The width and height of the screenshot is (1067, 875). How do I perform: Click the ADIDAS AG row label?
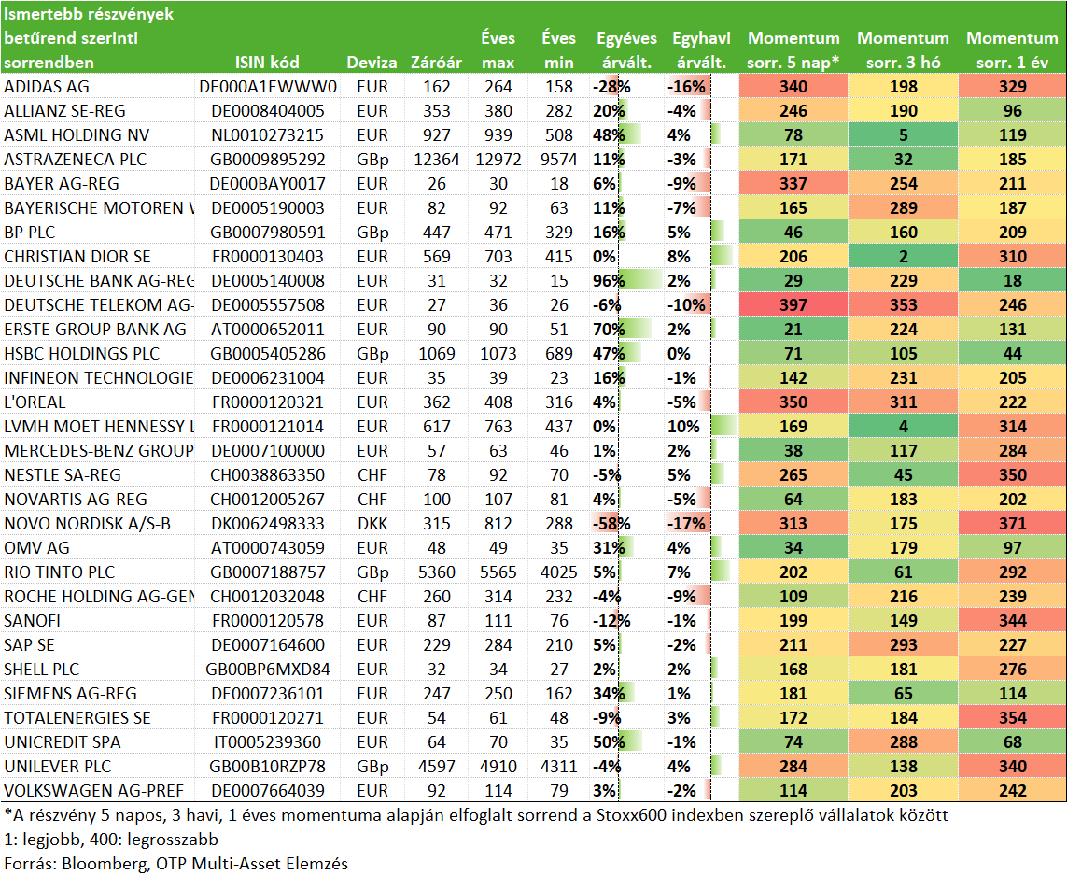[x=47, y=87]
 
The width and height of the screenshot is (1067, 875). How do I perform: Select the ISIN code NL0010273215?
[x=267, y=134]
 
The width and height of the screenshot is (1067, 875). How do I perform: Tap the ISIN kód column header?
[x=267, y=63]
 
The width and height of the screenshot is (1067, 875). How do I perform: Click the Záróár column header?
[x=436, y=63]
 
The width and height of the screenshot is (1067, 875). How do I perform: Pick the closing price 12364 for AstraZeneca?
[x=436, y=160]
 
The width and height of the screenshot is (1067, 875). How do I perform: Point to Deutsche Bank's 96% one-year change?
[x=609, y=280]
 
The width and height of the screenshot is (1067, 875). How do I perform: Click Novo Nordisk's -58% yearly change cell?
[x=611, y=524]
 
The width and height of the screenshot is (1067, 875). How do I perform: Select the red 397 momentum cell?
[x=793, y=305]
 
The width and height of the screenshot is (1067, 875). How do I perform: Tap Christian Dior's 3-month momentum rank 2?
[x=903, y=257]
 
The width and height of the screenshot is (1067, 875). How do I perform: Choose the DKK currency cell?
[x=372, y=524]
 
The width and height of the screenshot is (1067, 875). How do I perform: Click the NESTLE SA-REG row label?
[x=63, y=475]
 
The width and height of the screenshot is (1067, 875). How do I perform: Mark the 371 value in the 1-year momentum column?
[x=1013, y=524]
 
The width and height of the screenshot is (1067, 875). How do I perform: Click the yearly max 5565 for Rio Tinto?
[x=498, y=572]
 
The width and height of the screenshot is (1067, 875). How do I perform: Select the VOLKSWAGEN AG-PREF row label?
[x=94, y=791]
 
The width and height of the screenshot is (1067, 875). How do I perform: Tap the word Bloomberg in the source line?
[x=105, y=864]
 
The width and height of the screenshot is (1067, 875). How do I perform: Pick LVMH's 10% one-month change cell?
[x=684, y=426]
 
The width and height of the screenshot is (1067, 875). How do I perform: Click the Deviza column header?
[x=372, y=63]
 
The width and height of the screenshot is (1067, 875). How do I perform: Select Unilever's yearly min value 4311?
[x=558, y=766]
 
